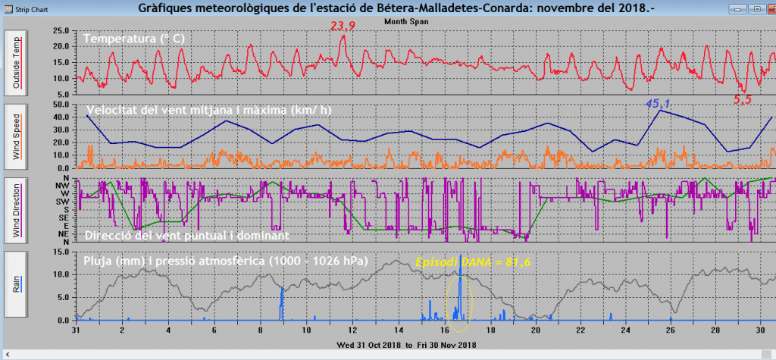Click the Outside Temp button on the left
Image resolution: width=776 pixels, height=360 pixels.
tap(17, 62)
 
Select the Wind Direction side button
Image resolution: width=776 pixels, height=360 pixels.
tap(17, 210)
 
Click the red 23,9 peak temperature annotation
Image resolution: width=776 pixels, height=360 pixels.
tap(343, 27)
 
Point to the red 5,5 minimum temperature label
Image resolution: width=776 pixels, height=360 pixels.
tap(743, 100)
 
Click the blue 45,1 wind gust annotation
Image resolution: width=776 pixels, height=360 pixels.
tap(659, 103)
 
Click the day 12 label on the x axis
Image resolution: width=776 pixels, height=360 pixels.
tap(352, 330)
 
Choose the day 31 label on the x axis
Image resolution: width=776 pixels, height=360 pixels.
tap(76, 330)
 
